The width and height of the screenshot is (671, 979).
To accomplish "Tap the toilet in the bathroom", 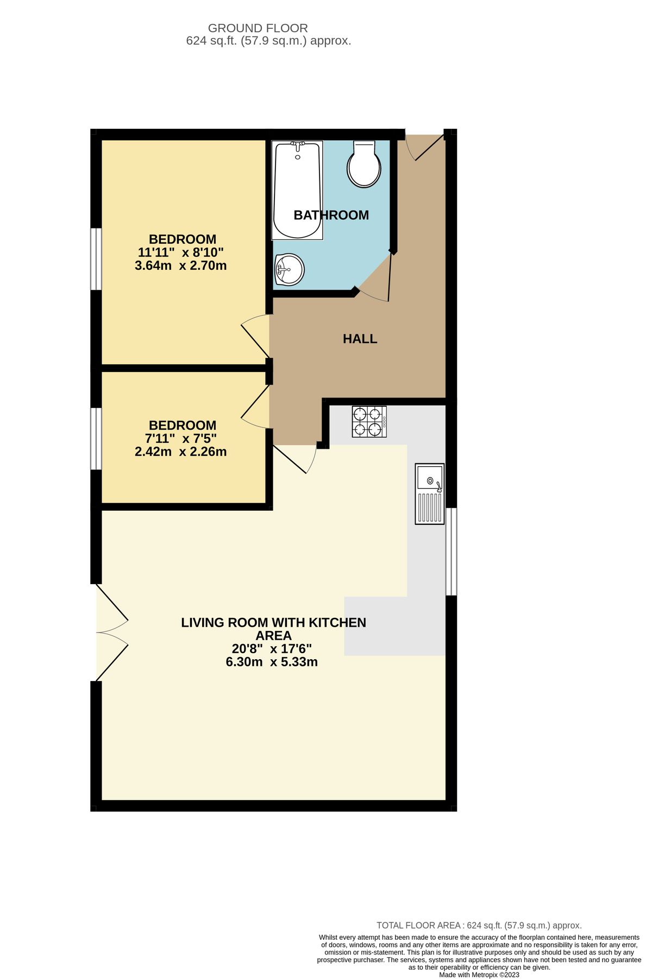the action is point(363,164).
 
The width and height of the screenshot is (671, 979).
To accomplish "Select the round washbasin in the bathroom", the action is point(289,269).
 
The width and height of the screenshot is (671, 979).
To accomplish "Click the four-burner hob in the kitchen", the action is point(369,422).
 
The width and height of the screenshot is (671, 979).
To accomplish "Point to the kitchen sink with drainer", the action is point(429,493).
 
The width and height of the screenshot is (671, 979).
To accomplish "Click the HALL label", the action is point(360,339).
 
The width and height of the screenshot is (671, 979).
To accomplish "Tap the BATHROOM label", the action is point(331,215).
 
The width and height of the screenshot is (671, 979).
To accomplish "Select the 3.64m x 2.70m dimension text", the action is point(180,266).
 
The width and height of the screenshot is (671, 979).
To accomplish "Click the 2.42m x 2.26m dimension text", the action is point(180,452).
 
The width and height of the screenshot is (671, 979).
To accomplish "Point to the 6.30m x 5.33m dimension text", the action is point(272,662).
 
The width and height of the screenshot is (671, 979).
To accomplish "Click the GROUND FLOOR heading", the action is point(258,28).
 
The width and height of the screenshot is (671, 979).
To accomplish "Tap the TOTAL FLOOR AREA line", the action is point(479,925).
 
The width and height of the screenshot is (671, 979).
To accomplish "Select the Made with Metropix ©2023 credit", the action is point(479,975).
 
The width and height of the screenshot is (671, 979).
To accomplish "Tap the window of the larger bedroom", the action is point(96,259).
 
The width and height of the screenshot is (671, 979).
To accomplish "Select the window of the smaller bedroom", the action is point(96,438).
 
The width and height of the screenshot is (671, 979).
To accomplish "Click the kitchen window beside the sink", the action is point(451,552).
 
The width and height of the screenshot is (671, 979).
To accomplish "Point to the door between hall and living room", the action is point(296,458).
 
